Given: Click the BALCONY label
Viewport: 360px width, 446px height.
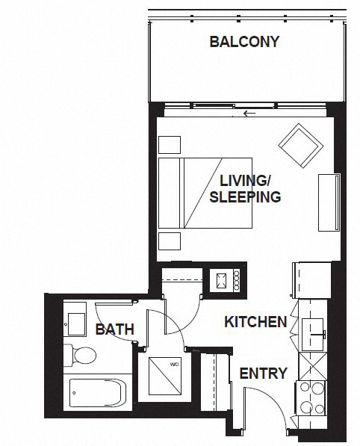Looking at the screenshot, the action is click(244, 42).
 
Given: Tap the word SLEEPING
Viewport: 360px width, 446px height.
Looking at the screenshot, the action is click(245, 196).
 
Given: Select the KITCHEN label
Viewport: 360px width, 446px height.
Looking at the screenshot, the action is click(255, 322).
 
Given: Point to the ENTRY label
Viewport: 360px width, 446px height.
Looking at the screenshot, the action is click(264, 374).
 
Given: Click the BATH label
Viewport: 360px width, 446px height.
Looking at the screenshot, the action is click(115, 329).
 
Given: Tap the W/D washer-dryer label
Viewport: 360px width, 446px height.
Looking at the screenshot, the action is click(174, 364).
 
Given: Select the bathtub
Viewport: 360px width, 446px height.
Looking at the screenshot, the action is click(98, 393).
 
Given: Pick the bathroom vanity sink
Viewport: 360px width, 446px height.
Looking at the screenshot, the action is click(76, 324).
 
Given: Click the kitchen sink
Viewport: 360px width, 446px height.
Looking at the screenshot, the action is click(312, 335).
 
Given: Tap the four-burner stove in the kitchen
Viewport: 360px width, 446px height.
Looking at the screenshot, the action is click(311, 398).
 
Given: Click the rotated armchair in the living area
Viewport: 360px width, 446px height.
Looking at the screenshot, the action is click(301, 146).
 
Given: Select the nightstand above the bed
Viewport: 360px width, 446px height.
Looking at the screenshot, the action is click(170, 145).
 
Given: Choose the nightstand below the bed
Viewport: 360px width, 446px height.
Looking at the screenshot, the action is click(170, 241).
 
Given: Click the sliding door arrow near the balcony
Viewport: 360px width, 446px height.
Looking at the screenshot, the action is click(249, 114).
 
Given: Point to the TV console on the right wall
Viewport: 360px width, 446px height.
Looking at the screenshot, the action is click(329, 202).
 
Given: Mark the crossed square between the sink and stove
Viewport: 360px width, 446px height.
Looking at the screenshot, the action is click(312, 366).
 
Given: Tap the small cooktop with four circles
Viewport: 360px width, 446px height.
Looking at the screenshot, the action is click(225, 281).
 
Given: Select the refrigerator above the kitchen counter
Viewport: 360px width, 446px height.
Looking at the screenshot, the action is click(312, 280).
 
